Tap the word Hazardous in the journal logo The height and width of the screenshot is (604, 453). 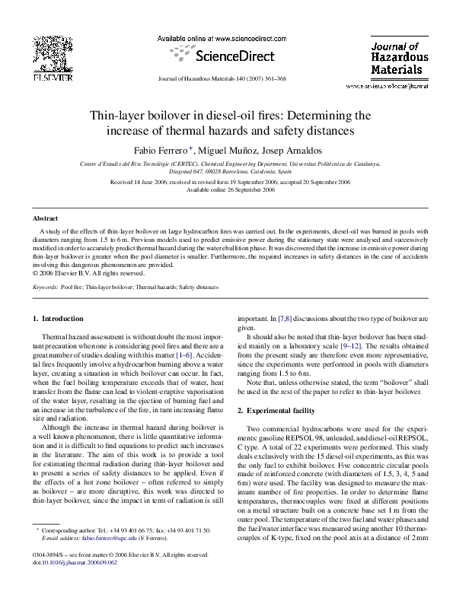tap(399, 58)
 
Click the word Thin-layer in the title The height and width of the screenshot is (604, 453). tap(119, 116)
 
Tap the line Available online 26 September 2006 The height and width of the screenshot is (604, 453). tap(226, 190)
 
